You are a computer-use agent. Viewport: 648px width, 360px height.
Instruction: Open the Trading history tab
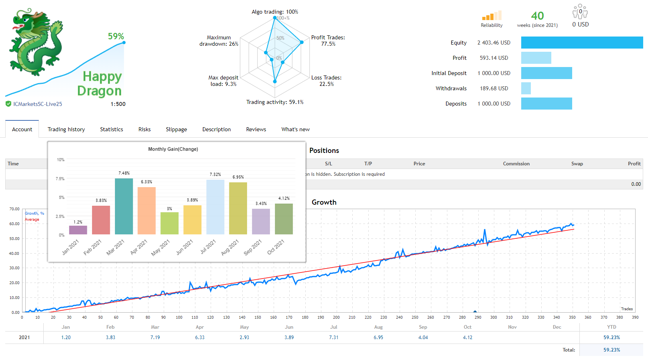pos(66,129)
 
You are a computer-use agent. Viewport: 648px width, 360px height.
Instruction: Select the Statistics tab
pos(112,129)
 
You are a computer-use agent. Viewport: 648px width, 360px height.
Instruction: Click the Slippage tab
pos(176,129)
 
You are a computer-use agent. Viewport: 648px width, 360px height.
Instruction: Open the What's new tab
pos(295,129)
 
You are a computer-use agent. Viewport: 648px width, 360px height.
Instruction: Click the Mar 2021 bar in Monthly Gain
pos(124,206)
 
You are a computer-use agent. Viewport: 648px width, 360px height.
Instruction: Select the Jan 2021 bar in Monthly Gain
pos(78,230)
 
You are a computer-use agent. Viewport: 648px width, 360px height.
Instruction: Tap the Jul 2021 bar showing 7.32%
pos(215,207)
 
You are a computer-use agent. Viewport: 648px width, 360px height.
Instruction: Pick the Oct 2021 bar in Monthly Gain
pos(284,219)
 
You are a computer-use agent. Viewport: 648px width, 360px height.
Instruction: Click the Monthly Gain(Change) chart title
pos(173,149)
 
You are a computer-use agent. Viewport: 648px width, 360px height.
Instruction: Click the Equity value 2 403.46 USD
pos(494,43)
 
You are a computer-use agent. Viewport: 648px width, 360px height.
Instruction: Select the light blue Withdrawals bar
pos(526,88)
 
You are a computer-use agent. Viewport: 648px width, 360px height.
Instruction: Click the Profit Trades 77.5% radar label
pos(328,41)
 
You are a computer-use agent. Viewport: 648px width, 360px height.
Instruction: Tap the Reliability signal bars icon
pos(492,16)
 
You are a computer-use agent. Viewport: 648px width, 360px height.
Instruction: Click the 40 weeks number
pos(537,16)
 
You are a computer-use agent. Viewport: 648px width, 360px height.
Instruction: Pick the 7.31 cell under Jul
pos(333,338)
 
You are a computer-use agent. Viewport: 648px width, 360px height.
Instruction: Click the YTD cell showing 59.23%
pos(611,338)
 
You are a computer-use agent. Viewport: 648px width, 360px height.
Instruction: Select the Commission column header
pos(516,164)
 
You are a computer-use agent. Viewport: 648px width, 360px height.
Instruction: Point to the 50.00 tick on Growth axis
pos(14,239)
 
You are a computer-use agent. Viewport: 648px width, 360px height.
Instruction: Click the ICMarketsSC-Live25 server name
pos(38,104)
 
